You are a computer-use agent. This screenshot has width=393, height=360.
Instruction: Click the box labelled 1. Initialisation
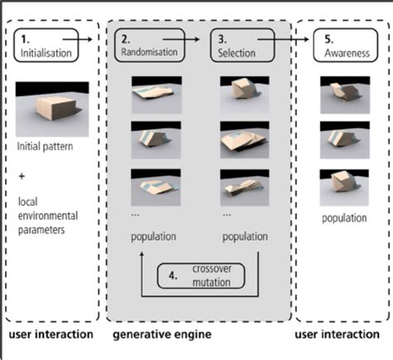[47, 46]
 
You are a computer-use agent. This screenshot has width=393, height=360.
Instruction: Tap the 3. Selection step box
[242, 46]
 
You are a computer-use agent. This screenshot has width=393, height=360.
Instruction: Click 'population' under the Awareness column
[344, 218]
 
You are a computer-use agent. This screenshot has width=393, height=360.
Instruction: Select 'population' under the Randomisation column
[153, 236]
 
